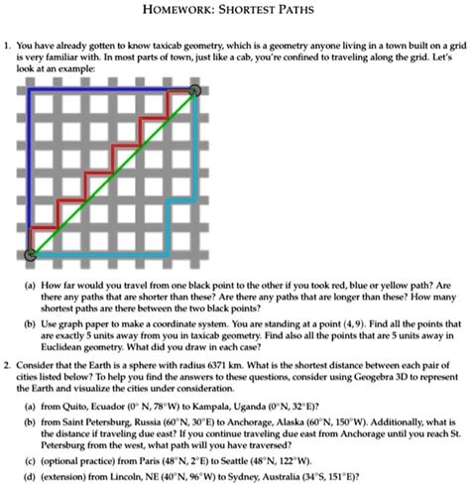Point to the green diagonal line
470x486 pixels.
point(113,173)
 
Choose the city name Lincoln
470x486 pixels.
point(156,474)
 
